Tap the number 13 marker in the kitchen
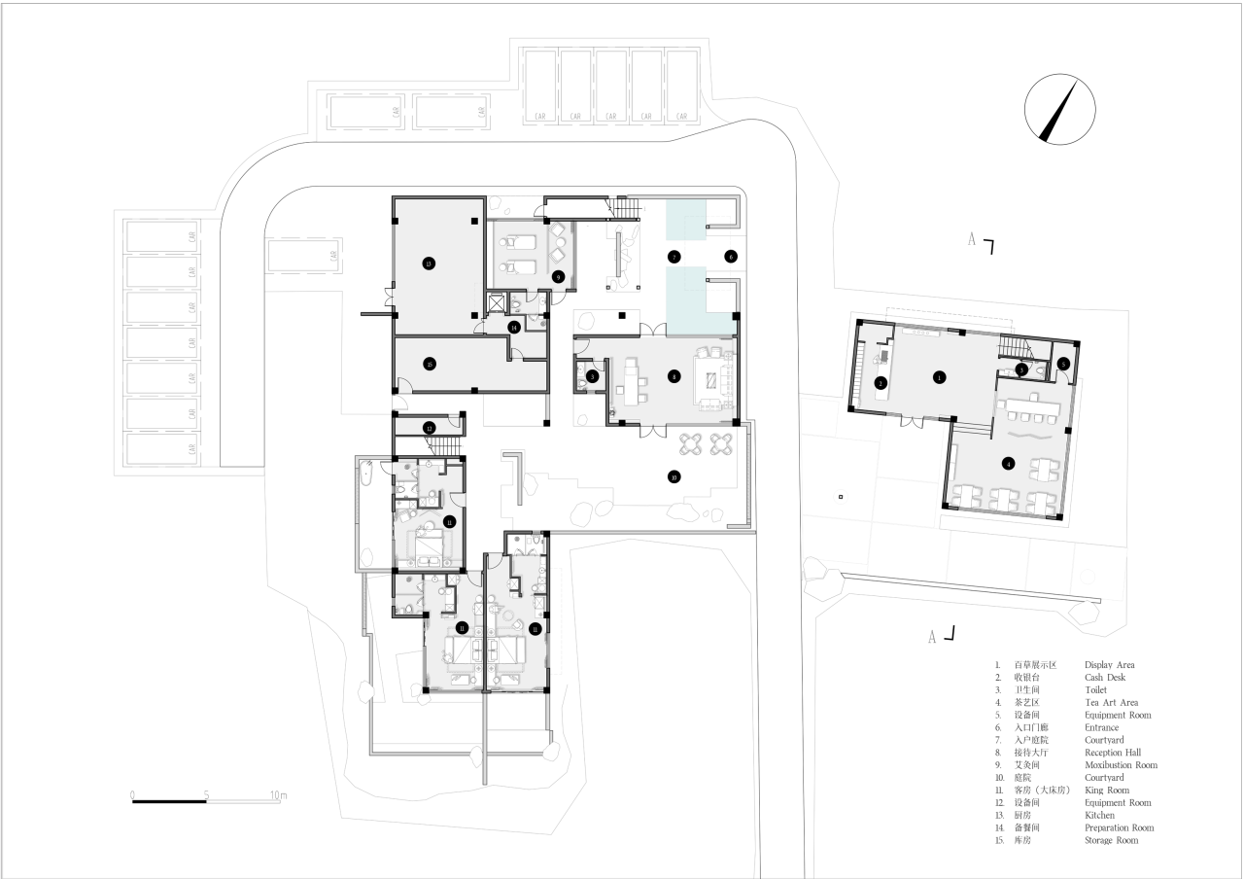click(428, 263)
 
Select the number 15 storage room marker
click(429, 364)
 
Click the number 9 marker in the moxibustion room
click(558, 276)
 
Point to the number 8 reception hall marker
click(672, 375)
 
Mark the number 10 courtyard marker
click(672, 476)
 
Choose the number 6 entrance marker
click(731, 256)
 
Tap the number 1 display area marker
click(939, 375)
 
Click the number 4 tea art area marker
click(1009, 464)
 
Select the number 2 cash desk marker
click(879, 383)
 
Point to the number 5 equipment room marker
click(1063, 364)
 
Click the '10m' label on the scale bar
click(279, 795)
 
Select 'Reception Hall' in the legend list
click(1113, 753)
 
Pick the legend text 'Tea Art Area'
click(1111, 702)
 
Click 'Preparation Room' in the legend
click(1120, 828)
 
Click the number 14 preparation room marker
click(514, 327)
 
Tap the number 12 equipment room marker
click(428, 428)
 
